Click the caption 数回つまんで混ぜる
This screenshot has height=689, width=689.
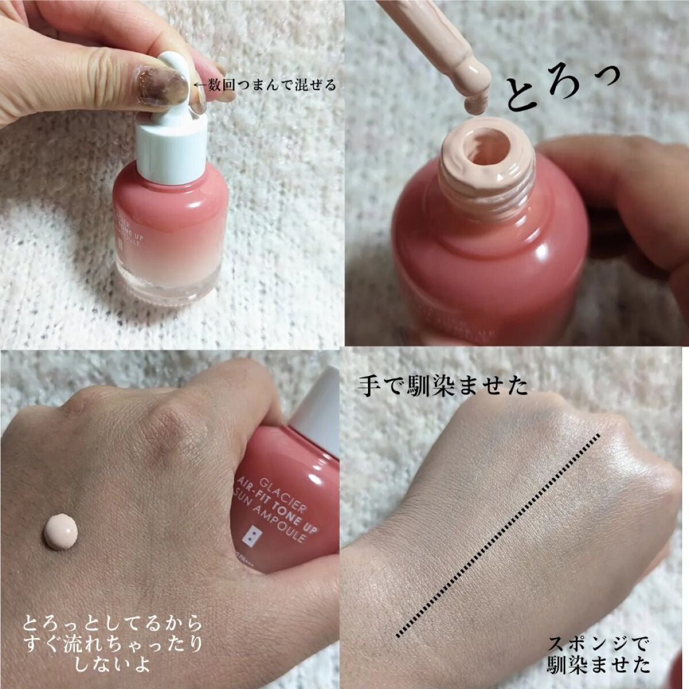click(264, 86)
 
